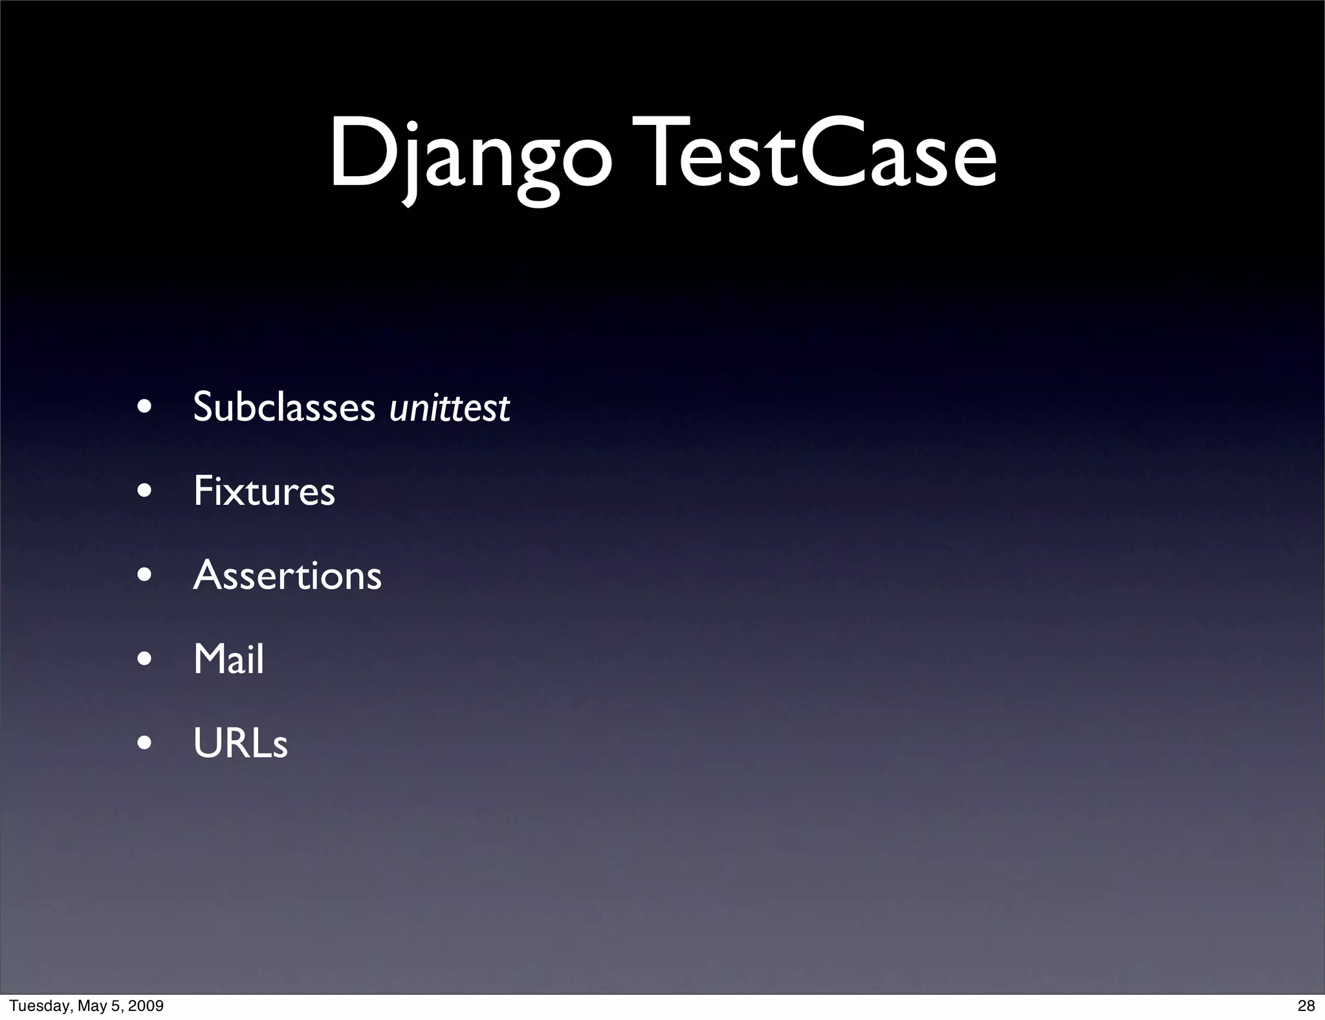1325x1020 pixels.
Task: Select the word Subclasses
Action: [x=284, y=407]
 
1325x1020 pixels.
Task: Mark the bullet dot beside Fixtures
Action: [x=145, y=491]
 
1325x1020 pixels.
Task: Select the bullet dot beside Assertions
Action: [x=145, y=575]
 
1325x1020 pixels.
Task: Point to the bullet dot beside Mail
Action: [x=145, y=660]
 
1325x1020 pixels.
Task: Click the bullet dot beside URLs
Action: [x=145, y=744]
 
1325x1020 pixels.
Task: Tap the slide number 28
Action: [x=1306, y=1006]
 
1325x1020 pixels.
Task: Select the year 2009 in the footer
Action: [x=146, y=1006]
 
